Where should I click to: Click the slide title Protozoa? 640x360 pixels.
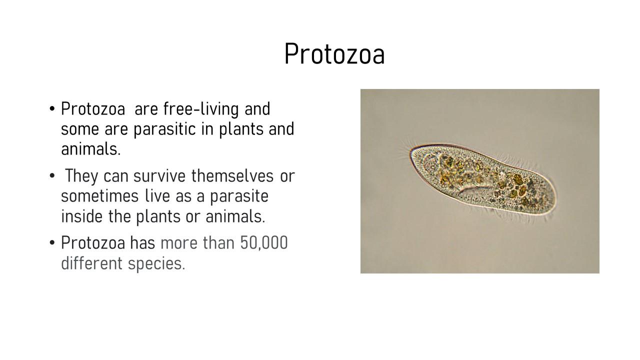[x=334, y=54]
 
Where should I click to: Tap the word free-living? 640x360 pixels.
[x=201, y=109]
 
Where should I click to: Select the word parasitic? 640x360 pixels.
[x=164, y=129]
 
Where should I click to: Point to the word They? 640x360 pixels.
[x=81, y=175]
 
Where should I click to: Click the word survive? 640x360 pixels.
[x=159, y=175]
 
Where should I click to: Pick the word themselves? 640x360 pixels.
[x=232, y=175]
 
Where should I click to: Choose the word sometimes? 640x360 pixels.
[x=99, y=196]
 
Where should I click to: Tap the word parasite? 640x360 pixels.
[x=239, y=196]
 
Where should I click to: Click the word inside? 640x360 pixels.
[x=81, y=216]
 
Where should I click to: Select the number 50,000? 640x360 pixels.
[x=263, y=243]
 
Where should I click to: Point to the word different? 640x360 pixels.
[x=91, y=263]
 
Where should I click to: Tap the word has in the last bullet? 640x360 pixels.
[x=142, y=243]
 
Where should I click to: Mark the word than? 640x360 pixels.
[x=218, y=243]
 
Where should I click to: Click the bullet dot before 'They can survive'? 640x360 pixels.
[x=52, y=175]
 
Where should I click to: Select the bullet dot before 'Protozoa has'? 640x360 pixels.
[x=52, y=243]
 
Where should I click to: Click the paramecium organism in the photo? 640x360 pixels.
[x=483, y=179]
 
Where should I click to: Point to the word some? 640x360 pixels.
[x=80, y=129]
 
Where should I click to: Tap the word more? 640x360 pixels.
[x=179, y=243]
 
